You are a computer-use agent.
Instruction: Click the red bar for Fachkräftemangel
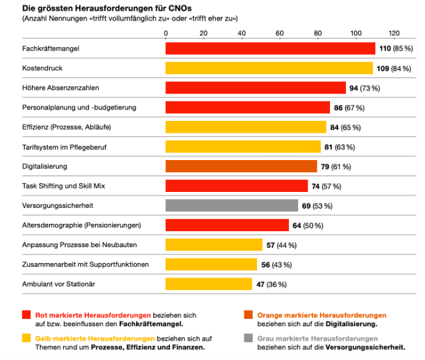click(270, 48)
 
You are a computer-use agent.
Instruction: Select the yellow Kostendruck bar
click(269, 68)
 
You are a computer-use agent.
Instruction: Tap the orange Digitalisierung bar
click(241, 166)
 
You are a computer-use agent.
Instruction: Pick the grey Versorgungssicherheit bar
click(232, 206)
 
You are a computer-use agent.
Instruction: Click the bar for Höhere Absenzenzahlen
click(256, 88)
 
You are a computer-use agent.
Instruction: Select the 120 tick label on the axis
click(394, 33)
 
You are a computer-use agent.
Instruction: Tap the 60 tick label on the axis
click(280, 33)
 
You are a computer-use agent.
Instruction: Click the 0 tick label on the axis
click(165, 33)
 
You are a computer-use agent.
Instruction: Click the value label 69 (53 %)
click(317, 206)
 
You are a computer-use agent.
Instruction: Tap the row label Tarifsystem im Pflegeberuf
click(65, 147)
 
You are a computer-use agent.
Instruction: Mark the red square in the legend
click(27, 315)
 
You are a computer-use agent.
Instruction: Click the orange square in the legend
click(248, 315)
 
